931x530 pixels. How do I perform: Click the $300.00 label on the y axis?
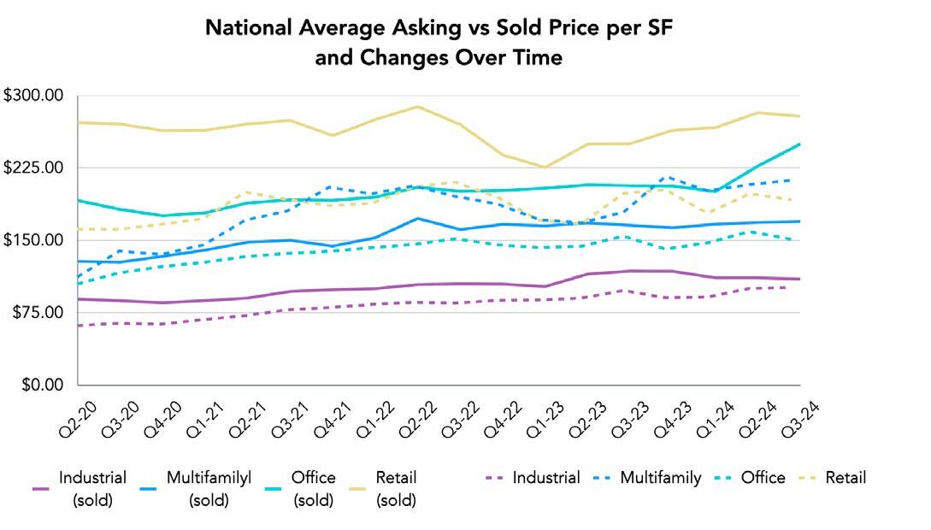tap(34, 96)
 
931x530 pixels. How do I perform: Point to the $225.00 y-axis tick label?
tap(34, 168)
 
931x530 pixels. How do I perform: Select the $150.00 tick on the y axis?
tap(34, 240)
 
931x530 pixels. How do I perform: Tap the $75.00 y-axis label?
tap(38, 313)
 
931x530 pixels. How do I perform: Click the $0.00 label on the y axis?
tap(41, 385)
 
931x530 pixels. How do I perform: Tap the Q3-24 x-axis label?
tap(788, 419)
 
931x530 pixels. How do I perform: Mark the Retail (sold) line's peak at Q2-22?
tap(417, 107)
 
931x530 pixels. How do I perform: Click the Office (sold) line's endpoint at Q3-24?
tap(798, 144)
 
